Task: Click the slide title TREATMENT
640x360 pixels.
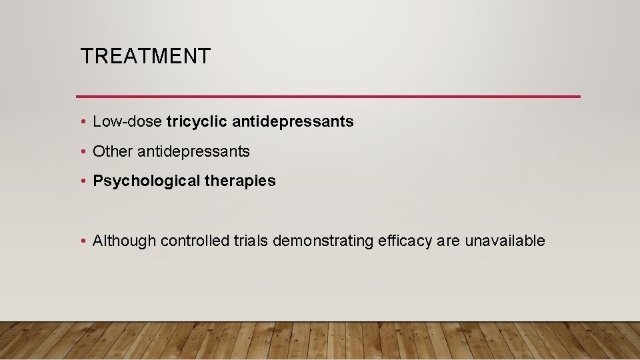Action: click(145, 56)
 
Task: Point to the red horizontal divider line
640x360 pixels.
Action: click(328, 97)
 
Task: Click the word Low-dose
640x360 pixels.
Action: click(127, 121)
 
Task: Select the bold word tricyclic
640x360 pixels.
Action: click(197, 121)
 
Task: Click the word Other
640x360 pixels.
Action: click(113, 151)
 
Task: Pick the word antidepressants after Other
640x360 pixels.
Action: click(193, 151)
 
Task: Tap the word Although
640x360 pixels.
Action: click(124, 241)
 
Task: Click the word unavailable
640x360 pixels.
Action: click(505, 241)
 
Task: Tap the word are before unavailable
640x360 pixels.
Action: click(448, 241)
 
